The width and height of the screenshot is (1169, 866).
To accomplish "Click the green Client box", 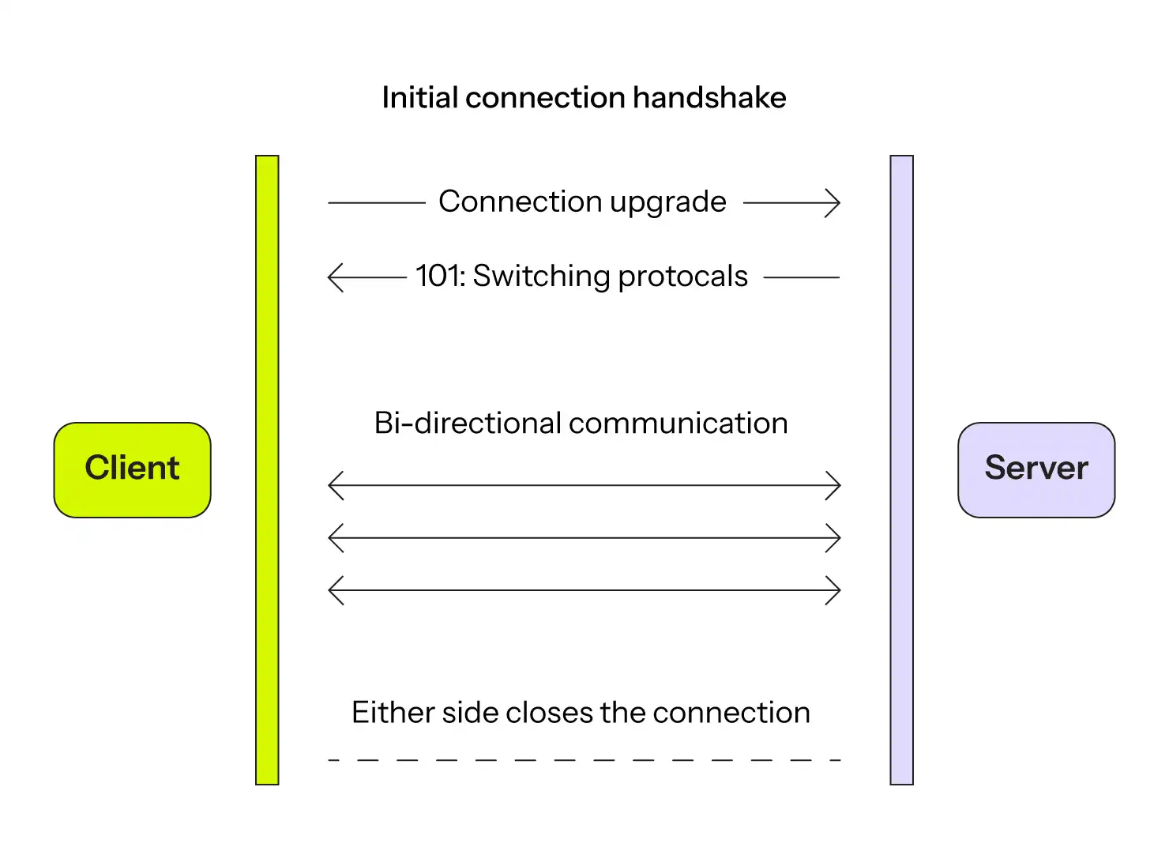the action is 132,470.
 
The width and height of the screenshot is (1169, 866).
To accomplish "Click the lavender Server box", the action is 1036,470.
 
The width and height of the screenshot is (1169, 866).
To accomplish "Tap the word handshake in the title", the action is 709,97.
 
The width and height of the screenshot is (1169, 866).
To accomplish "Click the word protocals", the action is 682,277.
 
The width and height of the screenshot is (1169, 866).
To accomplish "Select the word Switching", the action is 541,277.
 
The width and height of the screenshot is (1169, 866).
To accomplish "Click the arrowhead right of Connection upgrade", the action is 833,203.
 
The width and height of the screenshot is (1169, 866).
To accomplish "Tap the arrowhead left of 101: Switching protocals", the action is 336,277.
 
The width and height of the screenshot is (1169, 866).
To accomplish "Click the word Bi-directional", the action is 468,423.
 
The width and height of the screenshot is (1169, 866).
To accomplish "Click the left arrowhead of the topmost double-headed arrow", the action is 336,485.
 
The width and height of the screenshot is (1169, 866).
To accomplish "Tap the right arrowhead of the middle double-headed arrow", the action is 833,538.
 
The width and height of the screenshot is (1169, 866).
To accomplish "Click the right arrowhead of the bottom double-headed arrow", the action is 833,590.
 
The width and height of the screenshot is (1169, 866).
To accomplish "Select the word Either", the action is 393,713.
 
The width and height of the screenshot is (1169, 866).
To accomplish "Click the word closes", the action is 549,713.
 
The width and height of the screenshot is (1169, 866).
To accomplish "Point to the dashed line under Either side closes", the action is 584,760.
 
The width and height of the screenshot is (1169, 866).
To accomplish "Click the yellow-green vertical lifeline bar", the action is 267,470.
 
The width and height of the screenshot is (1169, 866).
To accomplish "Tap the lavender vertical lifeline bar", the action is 902,470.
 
